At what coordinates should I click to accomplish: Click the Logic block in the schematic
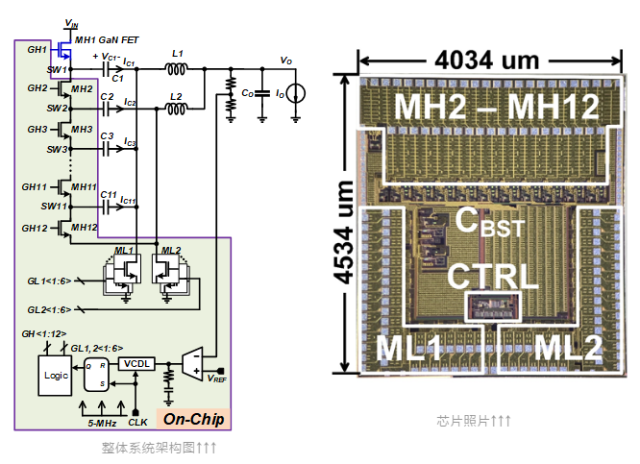[55, 375]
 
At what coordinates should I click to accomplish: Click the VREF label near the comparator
[219, 379]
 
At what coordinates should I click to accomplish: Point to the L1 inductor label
[175, 56]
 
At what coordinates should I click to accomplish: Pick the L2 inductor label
[175, 97]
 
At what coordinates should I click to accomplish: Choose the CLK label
[137, 420]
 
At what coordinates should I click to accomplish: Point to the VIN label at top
[71, 21]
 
